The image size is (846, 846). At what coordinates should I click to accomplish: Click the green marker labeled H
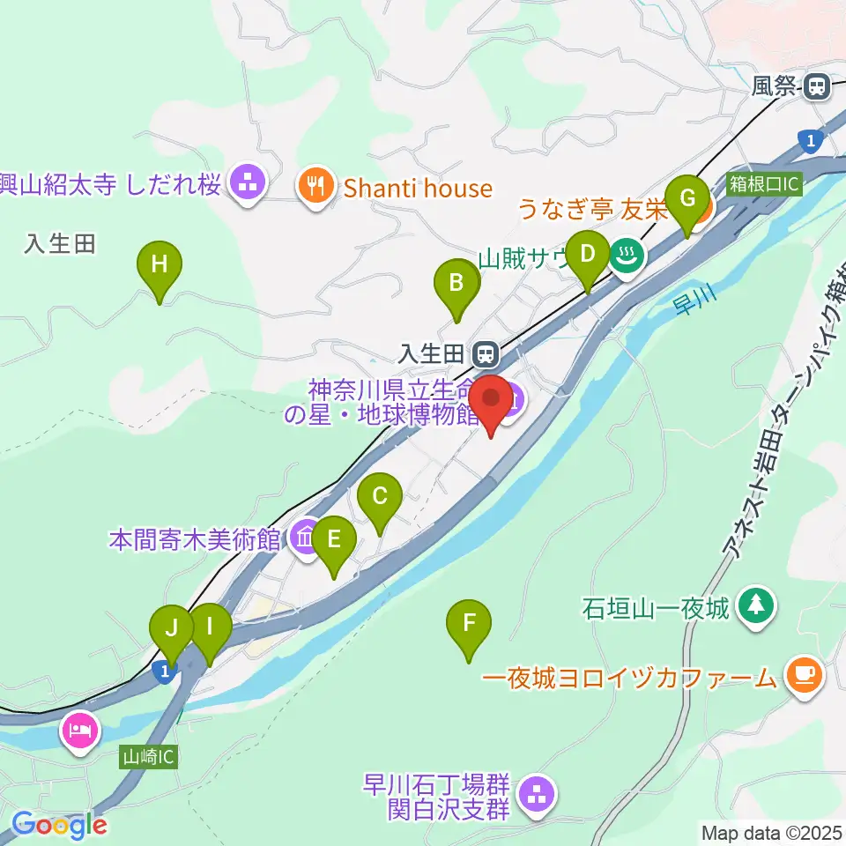(160, 264)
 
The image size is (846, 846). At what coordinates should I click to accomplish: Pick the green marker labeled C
(380, 498)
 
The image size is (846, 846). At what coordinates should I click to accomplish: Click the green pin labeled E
(334, 540)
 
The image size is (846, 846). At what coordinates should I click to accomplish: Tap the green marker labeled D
(588, 256)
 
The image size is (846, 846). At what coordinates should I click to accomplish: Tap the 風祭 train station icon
(817, 86)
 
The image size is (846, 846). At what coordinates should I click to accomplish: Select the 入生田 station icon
(484, 355)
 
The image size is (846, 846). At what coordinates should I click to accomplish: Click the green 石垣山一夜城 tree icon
(756, 605)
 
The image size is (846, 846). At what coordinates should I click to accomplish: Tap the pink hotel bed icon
(80, 731)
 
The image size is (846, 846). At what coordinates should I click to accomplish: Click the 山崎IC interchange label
(149, 756)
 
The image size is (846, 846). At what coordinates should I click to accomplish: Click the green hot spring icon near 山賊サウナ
(627, 256)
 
